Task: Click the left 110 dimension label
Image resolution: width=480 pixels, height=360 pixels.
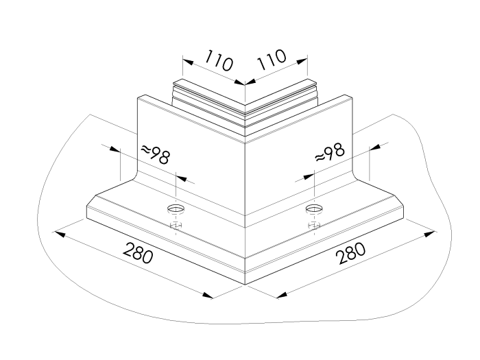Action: pos(218,60)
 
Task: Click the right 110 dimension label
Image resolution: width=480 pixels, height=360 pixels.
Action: pos(272,59)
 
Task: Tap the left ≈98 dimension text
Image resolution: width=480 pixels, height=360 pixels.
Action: pos(155,154)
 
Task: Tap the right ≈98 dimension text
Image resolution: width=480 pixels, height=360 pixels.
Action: pos(330,152)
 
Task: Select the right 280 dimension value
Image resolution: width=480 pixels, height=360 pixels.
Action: pos(350,253)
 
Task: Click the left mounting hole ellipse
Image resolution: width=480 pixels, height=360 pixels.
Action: pos(176,208)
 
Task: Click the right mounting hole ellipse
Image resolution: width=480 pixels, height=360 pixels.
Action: pos(314,208)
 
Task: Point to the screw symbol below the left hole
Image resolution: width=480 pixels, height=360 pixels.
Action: pos(176,226)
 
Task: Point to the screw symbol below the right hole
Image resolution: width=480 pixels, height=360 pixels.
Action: pos(314,226)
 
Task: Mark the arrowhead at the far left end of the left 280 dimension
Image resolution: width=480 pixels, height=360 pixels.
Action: pos(60,235)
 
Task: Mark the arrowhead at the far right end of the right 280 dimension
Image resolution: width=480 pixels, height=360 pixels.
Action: pos(429,235)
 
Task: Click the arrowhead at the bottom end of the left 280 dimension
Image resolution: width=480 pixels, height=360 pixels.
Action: pos(208,295)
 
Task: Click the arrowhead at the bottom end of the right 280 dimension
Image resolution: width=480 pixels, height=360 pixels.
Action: pos(282,295)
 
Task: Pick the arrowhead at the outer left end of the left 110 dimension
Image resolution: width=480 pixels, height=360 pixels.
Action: pos(188,62)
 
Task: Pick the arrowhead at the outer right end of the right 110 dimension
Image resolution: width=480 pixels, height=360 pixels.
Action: pos(302,62)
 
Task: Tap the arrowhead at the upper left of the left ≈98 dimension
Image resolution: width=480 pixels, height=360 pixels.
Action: pos(115,149)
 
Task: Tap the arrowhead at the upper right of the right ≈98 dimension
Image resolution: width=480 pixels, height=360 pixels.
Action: pos(375,147)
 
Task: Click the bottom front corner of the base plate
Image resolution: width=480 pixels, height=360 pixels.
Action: pos(245,285)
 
